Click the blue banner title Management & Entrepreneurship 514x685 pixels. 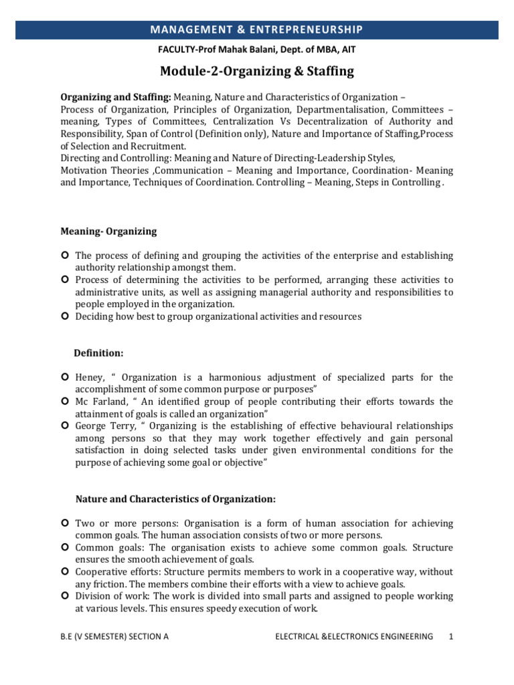pos(256,29)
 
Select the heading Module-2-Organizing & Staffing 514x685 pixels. pos(256,71)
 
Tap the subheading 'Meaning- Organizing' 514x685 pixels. pos(108,231)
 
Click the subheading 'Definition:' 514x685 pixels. pos(99,352)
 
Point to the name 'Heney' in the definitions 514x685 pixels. pos(90,378)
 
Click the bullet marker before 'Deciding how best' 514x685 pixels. pos(65,316)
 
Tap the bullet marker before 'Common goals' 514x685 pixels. pos(65,547)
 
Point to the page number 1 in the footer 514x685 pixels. pos(452,637)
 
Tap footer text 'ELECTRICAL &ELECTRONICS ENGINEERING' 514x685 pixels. pos(354,637)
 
